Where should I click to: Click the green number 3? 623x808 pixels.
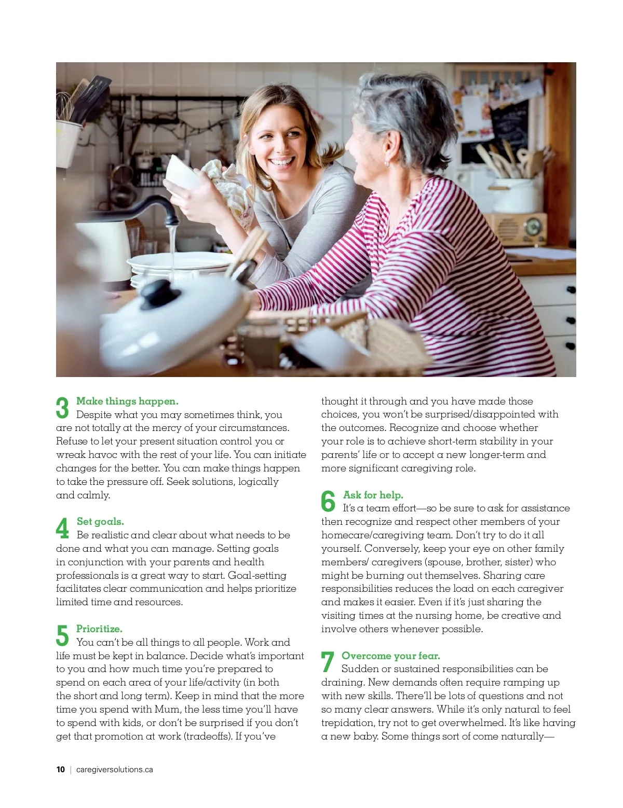(x=62, y=408)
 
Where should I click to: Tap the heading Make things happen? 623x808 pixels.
(x=127, y=401)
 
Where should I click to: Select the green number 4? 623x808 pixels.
(x=62, y=528)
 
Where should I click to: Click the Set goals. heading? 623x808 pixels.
(x=100, y=521)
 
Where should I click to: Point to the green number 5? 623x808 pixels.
(x=62, y=635)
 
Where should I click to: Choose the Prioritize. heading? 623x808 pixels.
(x=99, y=629)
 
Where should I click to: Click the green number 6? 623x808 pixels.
(x=328, y=501)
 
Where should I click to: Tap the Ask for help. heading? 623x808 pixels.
(x=373, y=495)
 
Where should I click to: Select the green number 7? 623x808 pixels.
(x=328, y=662)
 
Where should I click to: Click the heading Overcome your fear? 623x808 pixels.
(x=391, y=656)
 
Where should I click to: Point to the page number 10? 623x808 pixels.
(x=60, y=770)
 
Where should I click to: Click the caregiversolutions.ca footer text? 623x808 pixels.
(x=114, y=770)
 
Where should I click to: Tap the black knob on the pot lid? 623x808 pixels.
(x=160, y=294)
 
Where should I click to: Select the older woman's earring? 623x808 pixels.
(x=386, y=163)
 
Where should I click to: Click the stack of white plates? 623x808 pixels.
(x=181, y=269)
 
